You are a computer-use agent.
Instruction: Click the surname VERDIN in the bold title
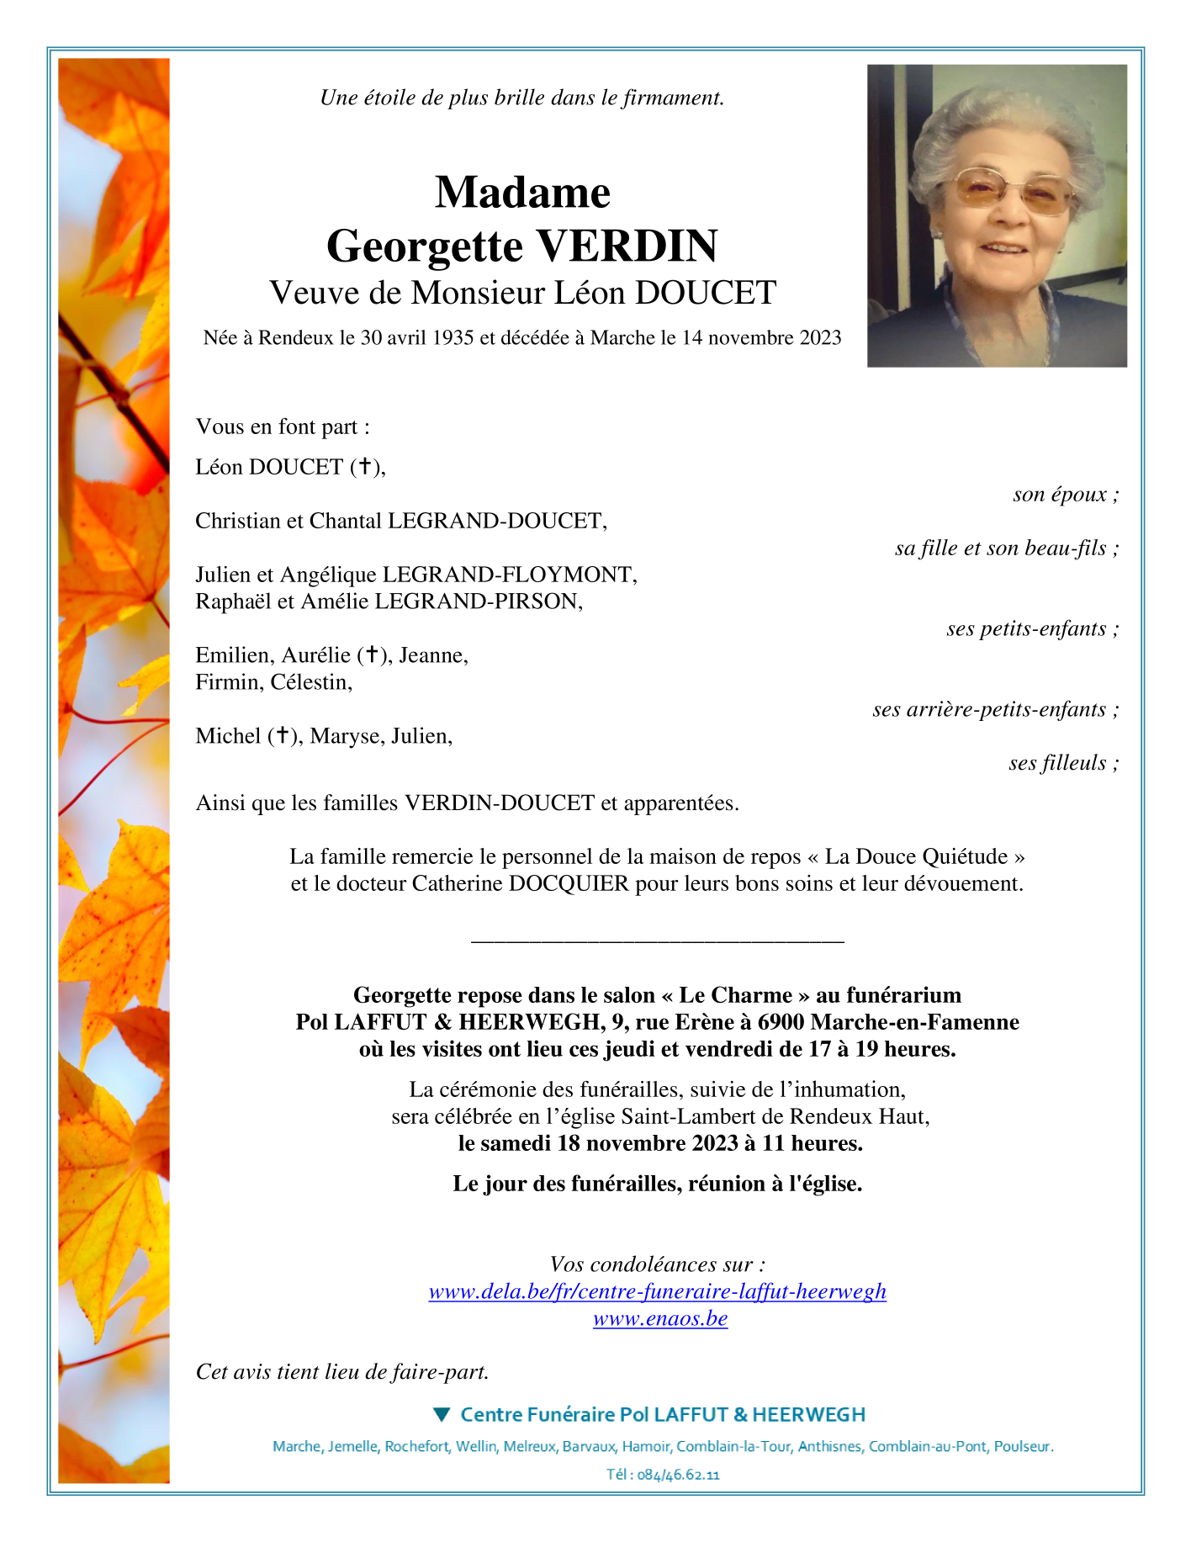627,246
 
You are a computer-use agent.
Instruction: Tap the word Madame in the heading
522,192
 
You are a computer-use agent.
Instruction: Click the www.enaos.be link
660,1318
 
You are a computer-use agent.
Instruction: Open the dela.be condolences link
657,1291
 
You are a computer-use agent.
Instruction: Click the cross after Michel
283,735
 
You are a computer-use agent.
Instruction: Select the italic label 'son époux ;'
1066,494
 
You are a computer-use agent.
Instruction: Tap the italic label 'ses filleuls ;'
1063,763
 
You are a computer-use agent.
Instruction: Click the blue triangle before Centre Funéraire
442,1414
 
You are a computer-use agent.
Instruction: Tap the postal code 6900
781,1022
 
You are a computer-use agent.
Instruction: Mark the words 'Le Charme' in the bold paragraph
735,995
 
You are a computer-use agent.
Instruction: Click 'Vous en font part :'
283,427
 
